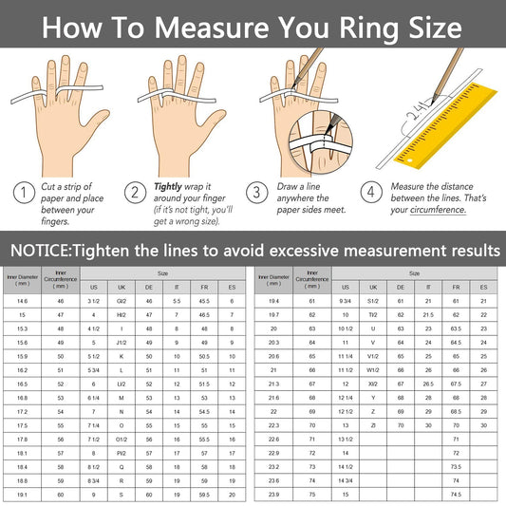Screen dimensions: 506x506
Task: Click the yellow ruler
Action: [445, 123]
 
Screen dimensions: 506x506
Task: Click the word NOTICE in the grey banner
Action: [45, 251]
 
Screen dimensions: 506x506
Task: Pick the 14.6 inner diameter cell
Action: [22, 300]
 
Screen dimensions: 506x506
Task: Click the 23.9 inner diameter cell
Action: [273, 495]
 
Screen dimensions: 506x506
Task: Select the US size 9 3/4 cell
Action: [346, 300]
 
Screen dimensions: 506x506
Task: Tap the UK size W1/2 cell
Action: [373, 369]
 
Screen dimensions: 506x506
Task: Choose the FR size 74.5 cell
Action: [456, 495]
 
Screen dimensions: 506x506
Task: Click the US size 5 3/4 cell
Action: [94, 369]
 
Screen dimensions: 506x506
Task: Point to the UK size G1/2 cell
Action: [122, 300]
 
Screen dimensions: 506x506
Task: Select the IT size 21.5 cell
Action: [428, 314]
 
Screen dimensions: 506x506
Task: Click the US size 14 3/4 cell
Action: [346, 480]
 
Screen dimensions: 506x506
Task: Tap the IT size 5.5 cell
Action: [177, 300]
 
